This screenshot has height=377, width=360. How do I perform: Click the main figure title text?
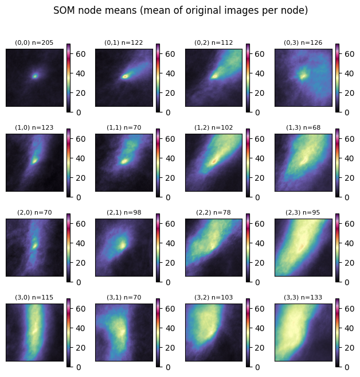point(180,10)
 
